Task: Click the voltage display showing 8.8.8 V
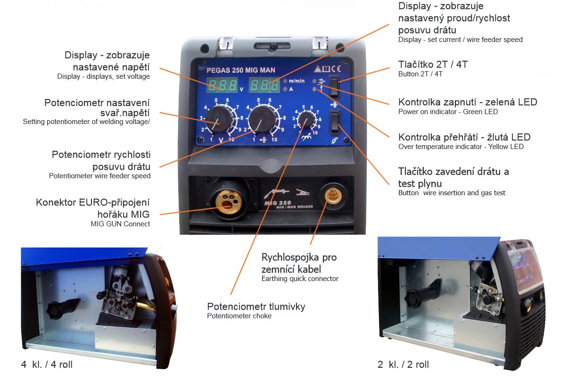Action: [222, 85]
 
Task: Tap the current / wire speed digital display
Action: [264, 85]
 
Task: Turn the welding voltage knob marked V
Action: [219, 119]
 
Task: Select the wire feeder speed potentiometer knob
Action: [262, 119]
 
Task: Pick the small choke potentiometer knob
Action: [306, 119]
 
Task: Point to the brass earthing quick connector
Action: [333, 196]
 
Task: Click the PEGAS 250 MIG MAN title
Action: [241, 70]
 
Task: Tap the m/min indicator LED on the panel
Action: [285, 81]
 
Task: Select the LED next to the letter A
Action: [285, 89]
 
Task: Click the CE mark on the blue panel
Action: [336, 69]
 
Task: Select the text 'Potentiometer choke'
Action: [239, 316]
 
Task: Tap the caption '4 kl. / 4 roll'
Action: [47, 364]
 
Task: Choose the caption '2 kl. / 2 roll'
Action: [403, 364]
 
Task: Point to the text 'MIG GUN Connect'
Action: [120, 224]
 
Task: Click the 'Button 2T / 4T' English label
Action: [420, 74]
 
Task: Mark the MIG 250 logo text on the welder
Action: [278, 203]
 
